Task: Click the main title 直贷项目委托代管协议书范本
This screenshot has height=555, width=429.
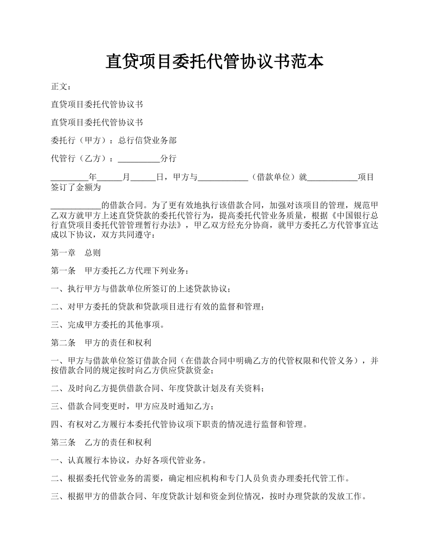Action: (x=214, y=62)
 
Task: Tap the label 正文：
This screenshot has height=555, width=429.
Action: (x=61, y=87)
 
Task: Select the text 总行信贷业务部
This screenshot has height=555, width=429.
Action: (x=147, y=141)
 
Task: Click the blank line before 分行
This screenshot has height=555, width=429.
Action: (x=139, y=159)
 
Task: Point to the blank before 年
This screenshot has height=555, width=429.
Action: (x=70, y=177)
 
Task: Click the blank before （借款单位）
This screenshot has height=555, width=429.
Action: (x=223, y=177)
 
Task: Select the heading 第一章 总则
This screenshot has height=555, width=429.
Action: (x=76, y=253)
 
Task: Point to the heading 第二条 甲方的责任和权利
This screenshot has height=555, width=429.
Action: (x=101, y=343)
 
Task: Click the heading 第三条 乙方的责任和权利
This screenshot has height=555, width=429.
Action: (x=101, y=442)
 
